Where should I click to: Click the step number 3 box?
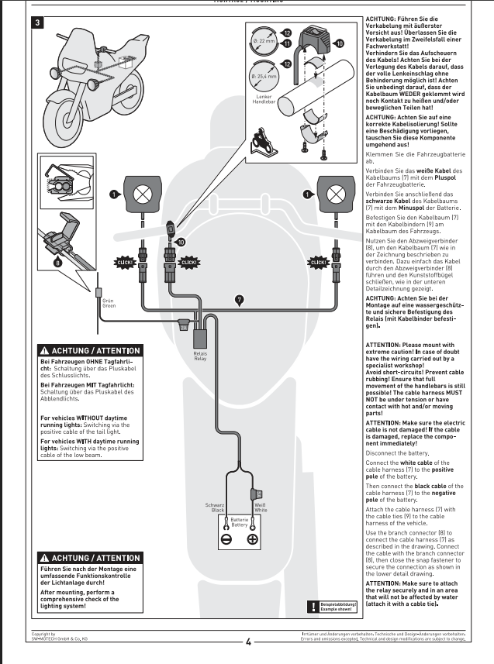coord(38,22)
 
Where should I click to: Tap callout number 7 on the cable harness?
coord(239,298)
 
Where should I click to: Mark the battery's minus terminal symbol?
coord(226,540)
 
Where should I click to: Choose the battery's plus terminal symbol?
coord(252,540)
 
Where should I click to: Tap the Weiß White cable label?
coord(261,507)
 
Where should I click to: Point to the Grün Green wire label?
coord(108,304)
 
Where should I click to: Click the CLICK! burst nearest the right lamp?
coord(318,262)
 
